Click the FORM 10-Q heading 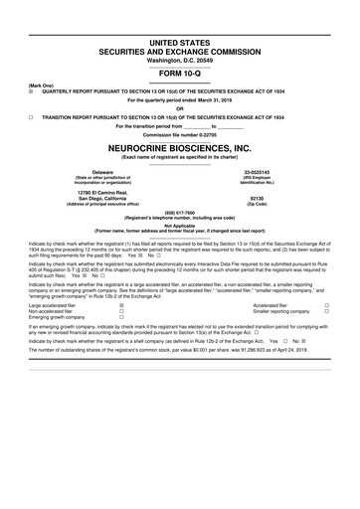coord(180,73)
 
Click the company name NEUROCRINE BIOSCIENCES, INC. coord(180,146)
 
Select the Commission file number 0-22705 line coord(180,134)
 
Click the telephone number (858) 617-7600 coord(180,212)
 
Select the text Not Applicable coord(180,226)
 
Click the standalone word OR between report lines coord(180,107)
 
